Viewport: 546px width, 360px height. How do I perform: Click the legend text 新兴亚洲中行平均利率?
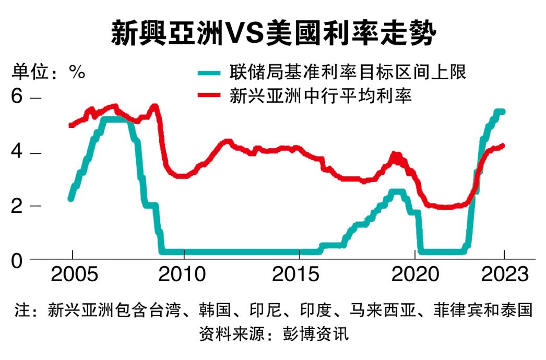[321, 96]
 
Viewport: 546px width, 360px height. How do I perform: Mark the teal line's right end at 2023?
[503, 111]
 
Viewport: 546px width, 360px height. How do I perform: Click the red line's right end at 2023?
[503, 146]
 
